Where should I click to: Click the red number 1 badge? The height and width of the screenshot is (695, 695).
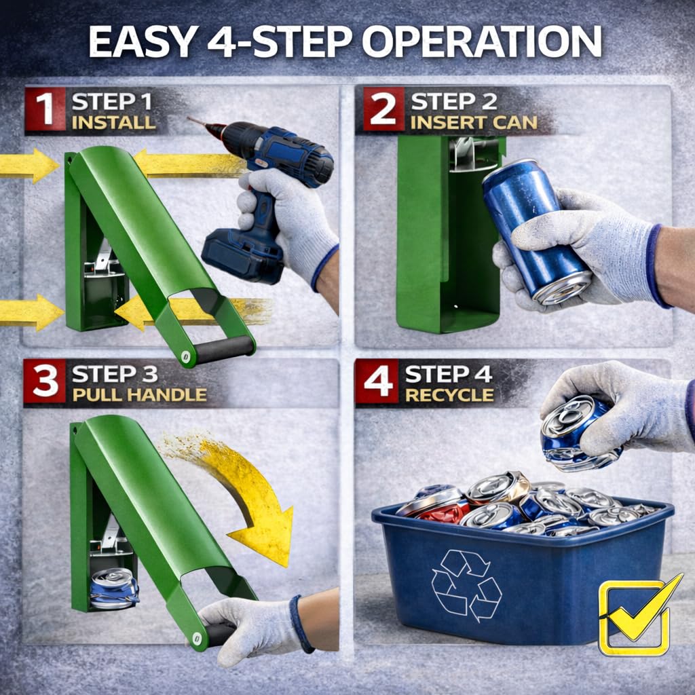pyautogui.click(x=45, y=109)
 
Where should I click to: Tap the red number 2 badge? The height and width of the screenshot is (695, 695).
pyautogui.click(x=383, y=109)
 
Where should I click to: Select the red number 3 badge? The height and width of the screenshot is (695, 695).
pyautogui.click(x=45, y=381)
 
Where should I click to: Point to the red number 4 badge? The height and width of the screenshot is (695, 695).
pyautogui.click(x=377, y=381)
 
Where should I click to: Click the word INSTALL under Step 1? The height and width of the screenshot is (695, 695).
pyautogui.click(x=113, y=123)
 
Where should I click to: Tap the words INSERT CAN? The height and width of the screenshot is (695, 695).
pyautogui.click(x=474, y=123)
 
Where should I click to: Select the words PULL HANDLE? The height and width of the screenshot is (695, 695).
pyautogui.click(x=140, y=394)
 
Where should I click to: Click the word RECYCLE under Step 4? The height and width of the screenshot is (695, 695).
pyautogui.click(x=449, y=395)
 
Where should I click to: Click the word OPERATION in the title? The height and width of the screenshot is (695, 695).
pyautogui.click(x=482, y=41)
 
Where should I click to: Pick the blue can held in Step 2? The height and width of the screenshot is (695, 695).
pyautogui.click(x=536, y=231)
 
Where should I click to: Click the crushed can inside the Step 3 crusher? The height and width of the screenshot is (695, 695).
pyautogui.click(x=114, y=588)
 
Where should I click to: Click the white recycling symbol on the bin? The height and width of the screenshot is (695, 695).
pyautogui.click(x=466, y=585)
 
